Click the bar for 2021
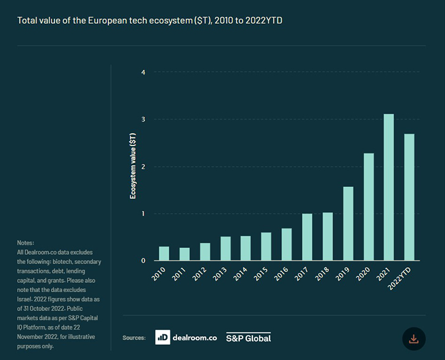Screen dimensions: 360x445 pos(389,187)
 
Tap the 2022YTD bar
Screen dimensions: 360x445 pos(409,197)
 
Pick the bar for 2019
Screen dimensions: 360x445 pos(348,224)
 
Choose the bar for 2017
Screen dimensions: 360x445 pos(307,237)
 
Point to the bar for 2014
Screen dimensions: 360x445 pos(245,248)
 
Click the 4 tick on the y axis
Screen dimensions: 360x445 pos(144,73)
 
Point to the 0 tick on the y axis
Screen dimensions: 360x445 pos(144,261)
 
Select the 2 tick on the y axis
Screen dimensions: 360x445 pos(144,167)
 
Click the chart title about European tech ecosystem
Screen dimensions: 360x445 pos(150,21)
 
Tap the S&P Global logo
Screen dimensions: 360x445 pos(248,337)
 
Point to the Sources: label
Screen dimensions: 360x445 pos(133,337)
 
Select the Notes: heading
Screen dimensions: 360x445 pos(26,243)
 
